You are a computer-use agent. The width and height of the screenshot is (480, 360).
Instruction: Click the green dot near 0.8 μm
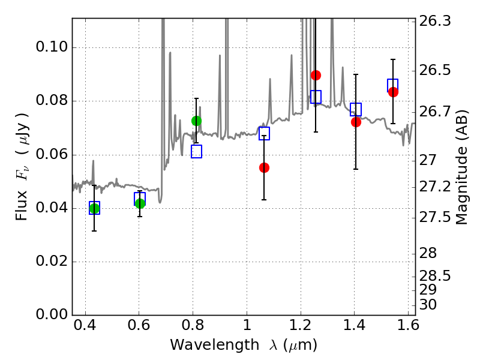pyautogui.click(x=197, y=121)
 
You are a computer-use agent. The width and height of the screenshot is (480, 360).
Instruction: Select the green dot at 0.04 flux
pyautogui.click(x=94, y=209)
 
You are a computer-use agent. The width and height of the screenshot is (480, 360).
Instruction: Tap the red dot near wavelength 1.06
pyautogui.click(x=264, y=168)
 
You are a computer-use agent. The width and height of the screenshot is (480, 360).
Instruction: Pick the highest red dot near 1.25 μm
pyautogui.click(x=316, y=75)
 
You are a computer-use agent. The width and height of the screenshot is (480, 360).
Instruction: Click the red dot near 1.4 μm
pyautogui.click(x=356, y=122)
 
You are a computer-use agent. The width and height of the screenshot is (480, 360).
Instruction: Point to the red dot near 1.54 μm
pyautogui.click(x=394, y=92)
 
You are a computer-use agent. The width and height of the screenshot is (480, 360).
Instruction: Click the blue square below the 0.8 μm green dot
pyautogui.click(x=197, y=152)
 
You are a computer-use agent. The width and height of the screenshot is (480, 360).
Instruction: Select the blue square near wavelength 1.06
pyautogui.click(x=264, y=133)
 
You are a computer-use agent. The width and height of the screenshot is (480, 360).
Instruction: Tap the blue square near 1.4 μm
pyautogui.click(x=356, y=109)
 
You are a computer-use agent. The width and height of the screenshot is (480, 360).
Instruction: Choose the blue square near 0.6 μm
pyautogui.click(x=140, y=199)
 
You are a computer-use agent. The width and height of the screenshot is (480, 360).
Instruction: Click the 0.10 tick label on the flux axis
pyautogui.click(x=52, y=47)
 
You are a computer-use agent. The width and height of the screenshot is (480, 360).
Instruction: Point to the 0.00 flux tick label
pyautogui.click(x=52, y=314)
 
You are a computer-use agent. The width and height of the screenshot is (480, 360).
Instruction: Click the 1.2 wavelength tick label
pyautogui.click(x=301, y=325)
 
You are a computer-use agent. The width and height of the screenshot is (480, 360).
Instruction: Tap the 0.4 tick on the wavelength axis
pyautogui.click(x=85, y=325)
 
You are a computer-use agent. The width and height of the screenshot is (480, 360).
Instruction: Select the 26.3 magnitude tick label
pyautogui.click(x=434, y=21)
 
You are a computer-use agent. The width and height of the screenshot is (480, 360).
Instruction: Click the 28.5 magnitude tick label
pyautogui.click(x=434, y=276)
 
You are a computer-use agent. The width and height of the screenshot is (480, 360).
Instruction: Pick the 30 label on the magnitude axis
pyautogui.click(x=428, y=305)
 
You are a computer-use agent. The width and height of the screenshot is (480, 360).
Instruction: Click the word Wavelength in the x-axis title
pyautogui.click(x=215, y=345)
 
